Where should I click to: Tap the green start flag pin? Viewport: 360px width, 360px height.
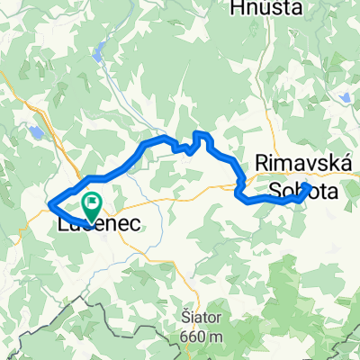91,206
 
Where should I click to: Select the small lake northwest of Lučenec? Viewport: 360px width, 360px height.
35,131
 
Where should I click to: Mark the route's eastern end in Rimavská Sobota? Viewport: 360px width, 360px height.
308,187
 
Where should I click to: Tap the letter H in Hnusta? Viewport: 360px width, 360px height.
239,8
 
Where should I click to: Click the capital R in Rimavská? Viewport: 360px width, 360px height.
262,162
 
